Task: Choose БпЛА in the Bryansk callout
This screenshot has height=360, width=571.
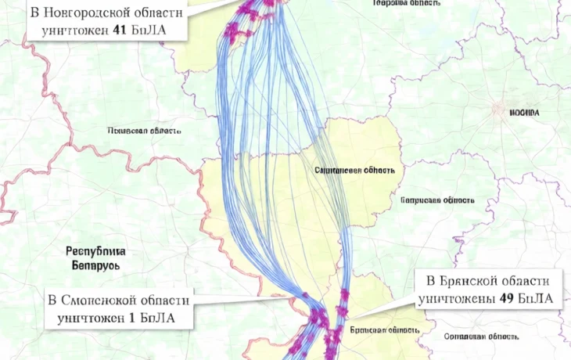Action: (x=536, y=299)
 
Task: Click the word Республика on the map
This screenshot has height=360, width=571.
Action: (x=95, y=252)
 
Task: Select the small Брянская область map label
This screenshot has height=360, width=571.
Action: (x=376, y=330)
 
